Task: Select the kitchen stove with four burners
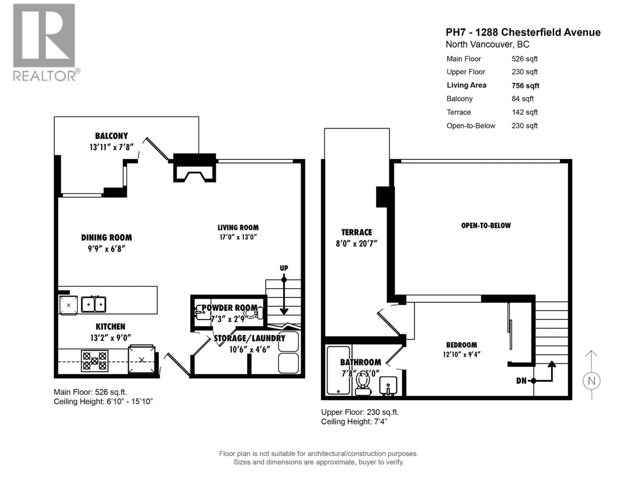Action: (x=95, y=361)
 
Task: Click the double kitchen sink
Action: (x=93, y=304)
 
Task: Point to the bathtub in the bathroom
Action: (x=338, y=370)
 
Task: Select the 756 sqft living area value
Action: (x=525, y=86)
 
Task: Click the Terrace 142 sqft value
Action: (x=524, y=112)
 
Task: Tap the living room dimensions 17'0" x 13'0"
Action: (x=238, y=237)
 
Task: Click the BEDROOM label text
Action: (x=462, y=345)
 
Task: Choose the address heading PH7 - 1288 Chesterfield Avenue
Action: (x=523, y=32)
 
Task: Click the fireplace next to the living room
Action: (x=194, y=170)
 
